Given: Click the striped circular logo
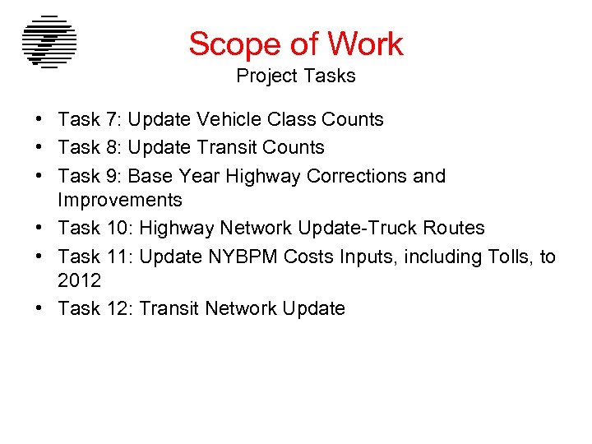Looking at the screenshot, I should pyautogui.click(x=49, y=42).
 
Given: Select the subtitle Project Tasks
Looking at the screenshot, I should pyautogui.click(x=296, y=76).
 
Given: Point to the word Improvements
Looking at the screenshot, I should pyautogui.click(x=120, y=200).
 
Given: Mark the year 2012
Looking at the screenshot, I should pyautogui.click(x=80, y=280).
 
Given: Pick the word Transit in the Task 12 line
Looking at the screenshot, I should pyautogui.click(x=169, y=308).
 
